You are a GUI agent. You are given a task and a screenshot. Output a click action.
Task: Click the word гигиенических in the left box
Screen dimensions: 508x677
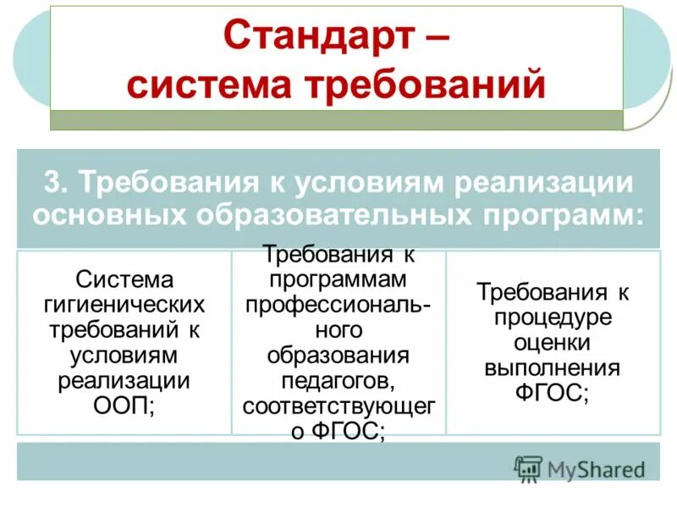coord(124,303)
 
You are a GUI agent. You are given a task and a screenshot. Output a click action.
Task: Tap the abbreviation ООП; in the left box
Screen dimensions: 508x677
coord(124,404)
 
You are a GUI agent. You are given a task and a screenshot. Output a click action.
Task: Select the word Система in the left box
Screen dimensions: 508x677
coord(124,279)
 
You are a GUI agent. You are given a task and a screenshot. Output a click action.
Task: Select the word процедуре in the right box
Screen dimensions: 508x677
coord(552,318)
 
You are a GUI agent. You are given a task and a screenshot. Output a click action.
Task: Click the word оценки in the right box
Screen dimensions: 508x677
coord(552,343)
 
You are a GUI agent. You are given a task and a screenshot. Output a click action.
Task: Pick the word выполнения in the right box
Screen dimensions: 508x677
coord(552,368)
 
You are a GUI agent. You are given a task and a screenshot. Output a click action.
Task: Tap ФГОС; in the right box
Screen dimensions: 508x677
coord(552,394)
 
